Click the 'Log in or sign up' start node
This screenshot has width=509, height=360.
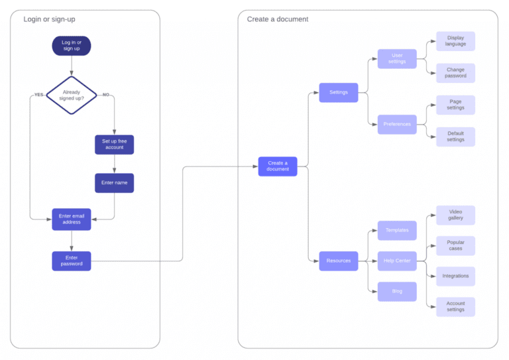click(72, 46)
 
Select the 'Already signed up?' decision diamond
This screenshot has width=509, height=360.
click(72, 95)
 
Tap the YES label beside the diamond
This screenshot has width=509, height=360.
click(38, 95)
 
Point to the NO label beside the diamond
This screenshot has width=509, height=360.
click(105, 95)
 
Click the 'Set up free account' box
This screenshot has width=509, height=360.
click(114, 145)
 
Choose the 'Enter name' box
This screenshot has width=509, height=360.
click(114, 182)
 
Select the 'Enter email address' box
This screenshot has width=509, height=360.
click(72, 219)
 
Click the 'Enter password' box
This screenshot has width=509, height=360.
click(72, 261)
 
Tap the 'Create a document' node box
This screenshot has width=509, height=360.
click(278, 166)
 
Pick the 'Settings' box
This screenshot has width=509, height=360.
click(338, 92)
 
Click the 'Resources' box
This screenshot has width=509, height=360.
click(338, 261)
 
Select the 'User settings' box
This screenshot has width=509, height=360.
click(397, 59)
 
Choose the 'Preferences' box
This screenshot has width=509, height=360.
click(397, 124)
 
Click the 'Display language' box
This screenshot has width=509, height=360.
click(455, 41)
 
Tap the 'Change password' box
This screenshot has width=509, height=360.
click(455, 73)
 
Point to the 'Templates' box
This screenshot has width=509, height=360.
click(397, 230)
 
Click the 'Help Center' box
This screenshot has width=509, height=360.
click(397, 261)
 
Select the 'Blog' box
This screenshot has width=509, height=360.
click(397, 291)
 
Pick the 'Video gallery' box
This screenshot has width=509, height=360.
click(455, 215)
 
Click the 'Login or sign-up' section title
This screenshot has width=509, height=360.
click(50, 19)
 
